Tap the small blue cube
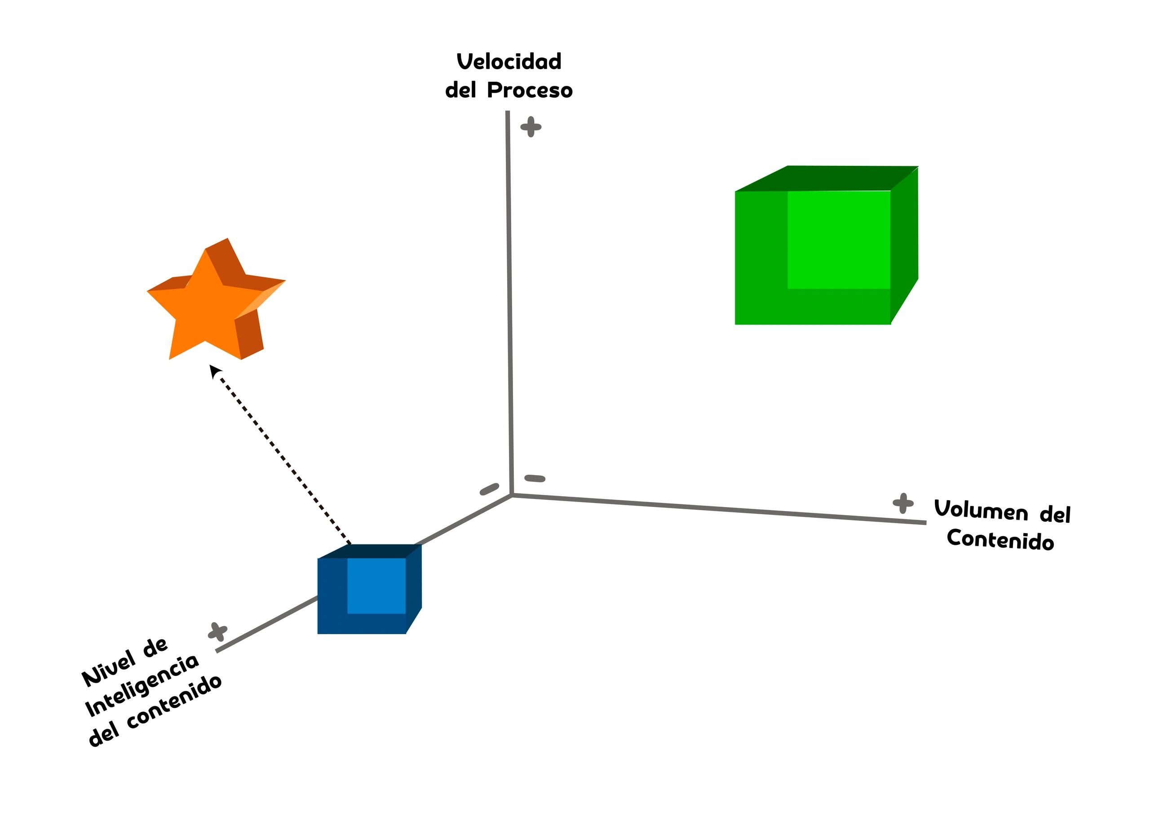click(x=367, y=590)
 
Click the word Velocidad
click(x=509, y=62)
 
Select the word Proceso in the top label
click(x=530, y=91)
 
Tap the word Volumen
click(x=981, y=511)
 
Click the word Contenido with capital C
click(x=1000, y=540)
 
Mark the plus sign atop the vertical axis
click(x=531, y=127)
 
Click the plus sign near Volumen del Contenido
click(x=903, y=503)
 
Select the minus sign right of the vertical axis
click(x=535, y=478)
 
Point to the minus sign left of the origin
click(x=489, y=489)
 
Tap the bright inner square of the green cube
click(x=839, y=240)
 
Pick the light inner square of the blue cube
click(x=376, y=586)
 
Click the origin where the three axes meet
click(x=512, y=494)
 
